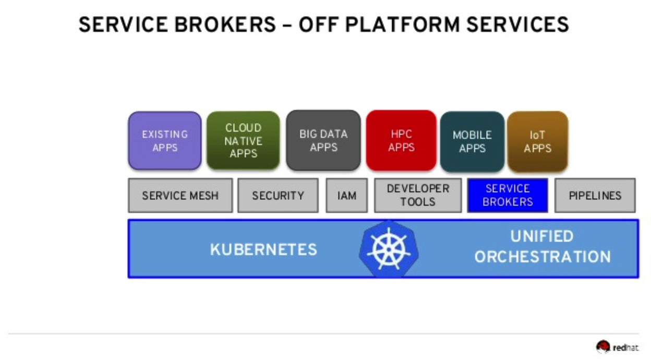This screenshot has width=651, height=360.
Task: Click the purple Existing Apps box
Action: tap(165, 140)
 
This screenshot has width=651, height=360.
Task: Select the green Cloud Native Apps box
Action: tap(243, 140)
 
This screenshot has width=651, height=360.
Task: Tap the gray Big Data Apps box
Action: tap(323, 140)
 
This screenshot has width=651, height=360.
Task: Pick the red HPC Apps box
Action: tap(401, 140)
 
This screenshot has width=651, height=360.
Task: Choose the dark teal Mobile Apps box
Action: tap(472, 141)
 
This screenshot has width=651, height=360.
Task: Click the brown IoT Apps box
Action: tap(538, 141)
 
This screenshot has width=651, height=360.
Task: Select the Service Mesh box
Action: tap(180, 196)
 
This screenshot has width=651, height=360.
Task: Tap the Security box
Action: tap(278, 196)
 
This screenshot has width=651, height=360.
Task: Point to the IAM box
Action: tap(347, 196)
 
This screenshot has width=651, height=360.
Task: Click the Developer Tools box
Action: tap(418, 196)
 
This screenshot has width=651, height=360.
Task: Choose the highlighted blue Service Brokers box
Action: tap(508, 196)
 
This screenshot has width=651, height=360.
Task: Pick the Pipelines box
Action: tap(595, 196)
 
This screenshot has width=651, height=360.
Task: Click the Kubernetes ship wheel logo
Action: tap(389, 249)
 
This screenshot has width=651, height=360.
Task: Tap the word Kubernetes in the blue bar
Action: tap(263, 249)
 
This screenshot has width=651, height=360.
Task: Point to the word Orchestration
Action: tap(542, 257)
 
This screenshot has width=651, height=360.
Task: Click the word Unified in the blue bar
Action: tap(542, 236)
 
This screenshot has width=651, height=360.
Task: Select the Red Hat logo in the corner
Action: tap(617, 347)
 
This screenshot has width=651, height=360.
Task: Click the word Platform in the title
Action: tap(403, 25)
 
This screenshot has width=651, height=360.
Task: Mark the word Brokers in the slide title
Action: tap(225, 25)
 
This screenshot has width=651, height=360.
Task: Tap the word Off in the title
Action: tap(319, 25)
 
